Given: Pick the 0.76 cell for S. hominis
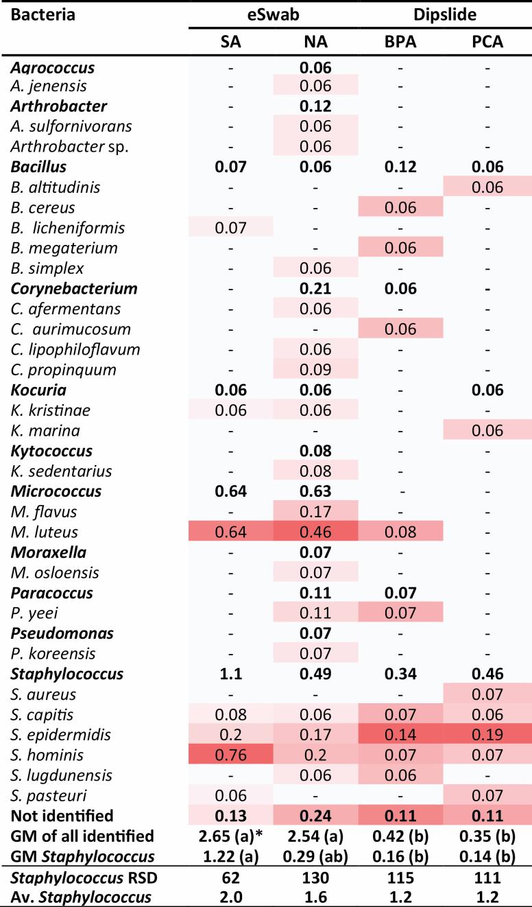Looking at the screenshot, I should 230,755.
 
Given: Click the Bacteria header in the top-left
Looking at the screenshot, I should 35,14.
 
